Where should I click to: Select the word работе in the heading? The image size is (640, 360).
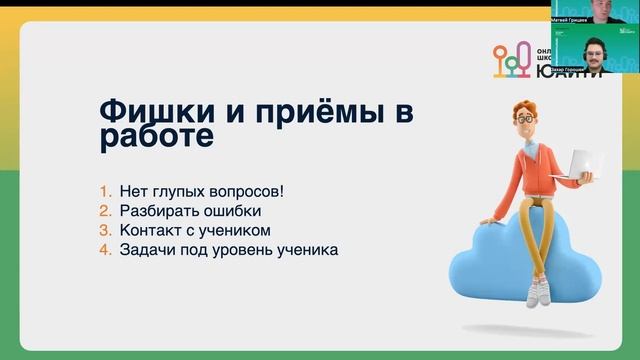click(156, 137)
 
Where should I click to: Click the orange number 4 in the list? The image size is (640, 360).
click(104, 250)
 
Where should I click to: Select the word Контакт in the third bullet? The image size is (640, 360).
click(150, 230)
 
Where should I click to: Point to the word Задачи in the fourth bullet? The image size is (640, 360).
click(144, 250)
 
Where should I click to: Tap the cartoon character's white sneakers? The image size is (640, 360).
click(540, 292)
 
